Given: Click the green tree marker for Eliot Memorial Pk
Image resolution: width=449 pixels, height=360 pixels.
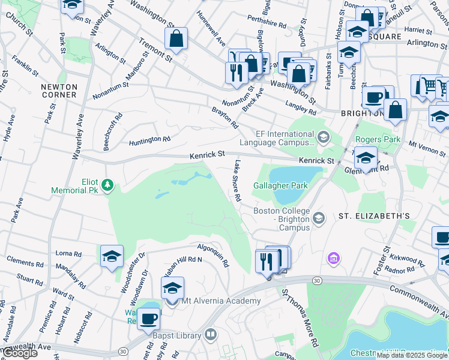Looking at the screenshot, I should point(107,185).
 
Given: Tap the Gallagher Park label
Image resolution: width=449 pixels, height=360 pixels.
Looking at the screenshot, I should point(281,185).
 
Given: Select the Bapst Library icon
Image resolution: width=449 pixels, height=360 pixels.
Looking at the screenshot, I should point(209,335).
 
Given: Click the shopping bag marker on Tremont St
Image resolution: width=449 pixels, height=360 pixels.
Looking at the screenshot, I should point(176,39).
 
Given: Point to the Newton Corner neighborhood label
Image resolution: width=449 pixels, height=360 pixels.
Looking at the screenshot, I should point(59,91).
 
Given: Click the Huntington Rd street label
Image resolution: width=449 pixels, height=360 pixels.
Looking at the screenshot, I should point(150,140).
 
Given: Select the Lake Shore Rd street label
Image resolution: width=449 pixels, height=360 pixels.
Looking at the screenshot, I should point(237,180).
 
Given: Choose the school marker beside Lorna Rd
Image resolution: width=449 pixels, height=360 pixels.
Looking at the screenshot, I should point(112,257).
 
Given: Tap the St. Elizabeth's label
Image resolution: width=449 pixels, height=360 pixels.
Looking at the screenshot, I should point(373,216).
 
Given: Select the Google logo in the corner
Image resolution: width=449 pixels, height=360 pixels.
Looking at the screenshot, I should point(19,353).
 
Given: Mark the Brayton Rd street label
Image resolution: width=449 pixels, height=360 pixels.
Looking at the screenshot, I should point(225,117).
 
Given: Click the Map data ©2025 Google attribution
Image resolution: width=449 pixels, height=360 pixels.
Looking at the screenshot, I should point(412,355).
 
